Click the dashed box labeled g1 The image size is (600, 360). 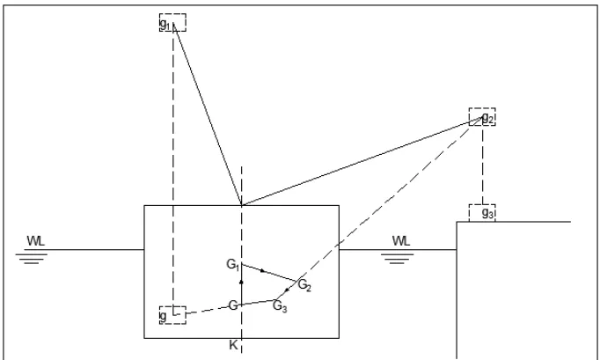pyautogui.click(x=172, y=14)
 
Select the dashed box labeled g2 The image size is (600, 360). pyautogui.click(x=482, y=109)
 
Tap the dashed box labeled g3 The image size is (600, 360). pyautogui.click(x=482, y=205)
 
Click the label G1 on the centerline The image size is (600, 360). pyautogui.click(x=233, y=265)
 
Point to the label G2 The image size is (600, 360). pyautogui.click(x=304, y=285)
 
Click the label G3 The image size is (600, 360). pyautogui.click(x=280, y=306)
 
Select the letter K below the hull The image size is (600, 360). pyautogui.click(x=233, y=345)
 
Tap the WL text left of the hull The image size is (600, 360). pyautogui.click(x=35, y=241)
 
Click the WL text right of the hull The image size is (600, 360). pyautogui.click(x=401, y=241)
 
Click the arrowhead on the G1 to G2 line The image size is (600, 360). pyautogui.click(x=262, y=271)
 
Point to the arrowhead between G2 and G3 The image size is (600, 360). pyautogui.click(x=287, y=290)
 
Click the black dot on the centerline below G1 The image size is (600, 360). pyautogui.click(x=241, y=283)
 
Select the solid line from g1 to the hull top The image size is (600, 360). pyautogui.click(x=208, y=114)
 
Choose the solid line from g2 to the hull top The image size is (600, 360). pyautogui.click(x=362, y=161)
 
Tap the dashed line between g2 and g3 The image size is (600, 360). pyautogui.click(x=482, y=165)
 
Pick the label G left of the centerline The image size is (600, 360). pyautogui.click(x=233, y=305)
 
